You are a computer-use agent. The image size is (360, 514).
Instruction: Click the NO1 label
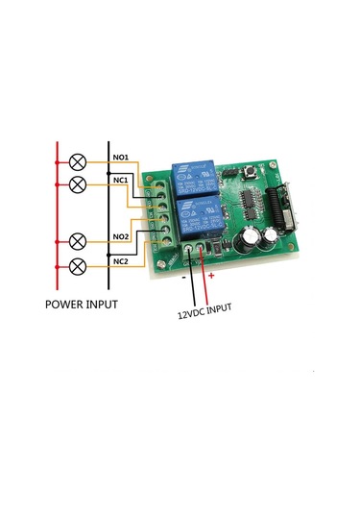121,157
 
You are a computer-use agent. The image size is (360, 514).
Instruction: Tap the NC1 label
121,180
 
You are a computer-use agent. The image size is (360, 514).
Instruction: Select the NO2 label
121,236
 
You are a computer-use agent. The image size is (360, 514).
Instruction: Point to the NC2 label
121,260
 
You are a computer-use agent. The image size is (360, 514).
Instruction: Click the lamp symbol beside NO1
78,162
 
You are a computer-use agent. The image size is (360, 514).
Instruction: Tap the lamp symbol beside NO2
78,239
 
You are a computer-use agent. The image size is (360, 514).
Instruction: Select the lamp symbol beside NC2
78,263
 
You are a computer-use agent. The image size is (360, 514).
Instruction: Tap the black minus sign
183,278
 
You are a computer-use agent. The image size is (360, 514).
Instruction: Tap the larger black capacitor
251,237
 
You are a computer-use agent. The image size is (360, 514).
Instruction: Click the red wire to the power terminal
203,279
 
